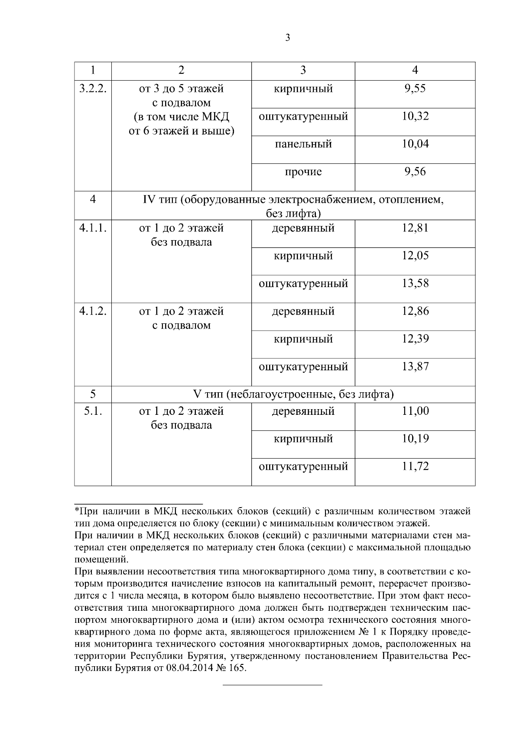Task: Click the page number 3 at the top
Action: click(x=288, y=38)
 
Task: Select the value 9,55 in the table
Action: click(x=415, y=89)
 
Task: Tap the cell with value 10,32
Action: click(x=415, y=117)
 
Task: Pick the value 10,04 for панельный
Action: click(x=415, y=144)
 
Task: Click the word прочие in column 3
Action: click(x=303, y=172)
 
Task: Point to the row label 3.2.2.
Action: click(x=93, y=89)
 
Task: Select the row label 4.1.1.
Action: click(x=93, y=228)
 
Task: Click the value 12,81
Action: click(x=415, y=228)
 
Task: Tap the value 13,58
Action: click(x=415, y=283)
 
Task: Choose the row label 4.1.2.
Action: click(x=93, y=311)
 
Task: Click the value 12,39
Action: click(x=415, y=339)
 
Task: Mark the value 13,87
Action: click(x=415, y=367)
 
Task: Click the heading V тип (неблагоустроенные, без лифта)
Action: click(x=293, y=394)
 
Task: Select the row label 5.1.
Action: click(x=93, y=411)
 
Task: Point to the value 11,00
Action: click(x=415, y=411)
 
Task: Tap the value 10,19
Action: click(x=415, y=439)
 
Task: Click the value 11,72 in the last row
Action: click(x=415, y=467)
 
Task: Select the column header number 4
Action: click(x=415, y=70)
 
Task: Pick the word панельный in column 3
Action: click(x=303, y=144)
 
